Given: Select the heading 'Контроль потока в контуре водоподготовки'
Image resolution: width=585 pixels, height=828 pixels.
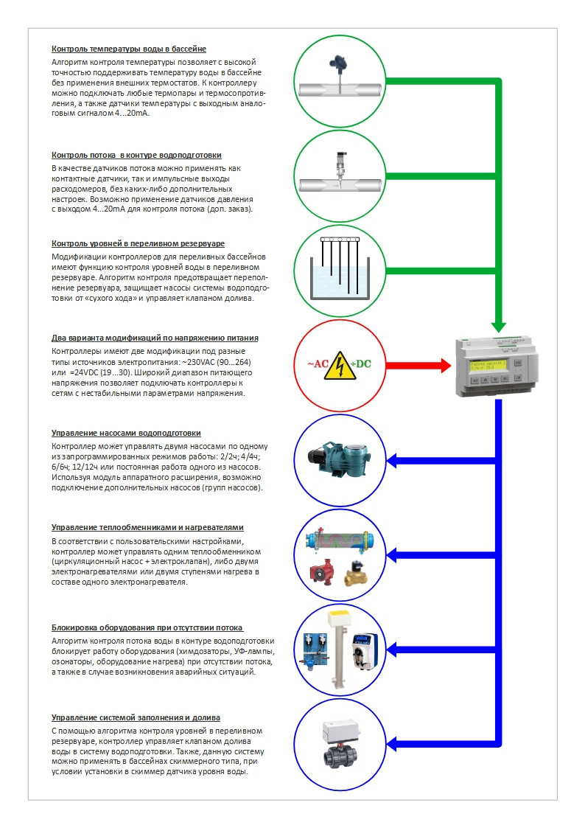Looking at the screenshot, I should (x=136, y=155).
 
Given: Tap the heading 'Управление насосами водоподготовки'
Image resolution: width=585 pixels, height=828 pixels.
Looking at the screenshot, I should (x=126, y=433).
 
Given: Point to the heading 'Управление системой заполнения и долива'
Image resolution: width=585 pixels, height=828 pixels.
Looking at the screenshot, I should (x=136, y=717).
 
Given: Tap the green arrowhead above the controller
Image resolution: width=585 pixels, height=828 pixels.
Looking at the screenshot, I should (x=499, y=324).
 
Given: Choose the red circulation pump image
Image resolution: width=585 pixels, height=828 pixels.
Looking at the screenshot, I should (x=321, y=571).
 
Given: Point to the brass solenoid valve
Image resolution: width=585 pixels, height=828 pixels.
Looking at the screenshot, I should (x=360, y=571).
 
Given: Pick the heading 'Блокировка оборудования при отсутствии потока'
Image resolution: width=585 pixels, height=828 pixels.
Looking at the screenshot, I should (x=147, y=628).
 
